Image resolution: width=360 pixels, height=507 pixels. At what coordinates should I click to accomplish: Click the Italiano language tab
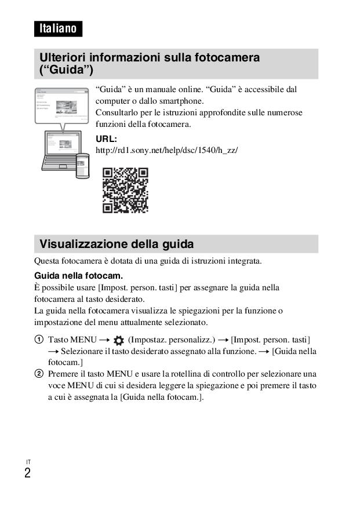(x=58, y=28)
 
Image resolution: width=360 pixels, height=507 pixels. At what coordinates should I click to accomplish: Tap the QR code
(x=125, y=190)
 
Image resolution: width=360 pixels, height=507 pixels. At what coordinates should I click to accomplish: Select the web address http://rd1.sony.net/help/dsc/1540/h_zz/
(x=166, y=150)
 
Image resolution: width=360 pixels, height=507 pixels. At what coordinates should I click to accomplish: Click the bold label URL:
(x=106, y=139)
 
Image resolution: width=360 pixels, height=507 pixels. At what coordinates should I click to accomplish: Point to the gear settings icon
(x=119, y=340)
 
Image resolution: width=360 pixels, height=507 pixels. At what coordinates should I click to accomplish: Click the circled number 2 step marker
(x=38, y=374)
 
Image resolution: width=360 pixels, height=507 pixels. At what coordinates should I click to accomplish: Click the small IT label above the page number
(x=28, y=462)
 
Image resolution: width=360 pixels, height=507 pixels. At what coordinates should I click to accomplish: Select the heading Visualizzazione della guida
(x=117, y=243)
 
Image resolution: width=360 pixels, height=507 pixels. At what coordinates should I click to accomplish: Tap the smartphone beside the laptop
(x=82, y=165)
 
